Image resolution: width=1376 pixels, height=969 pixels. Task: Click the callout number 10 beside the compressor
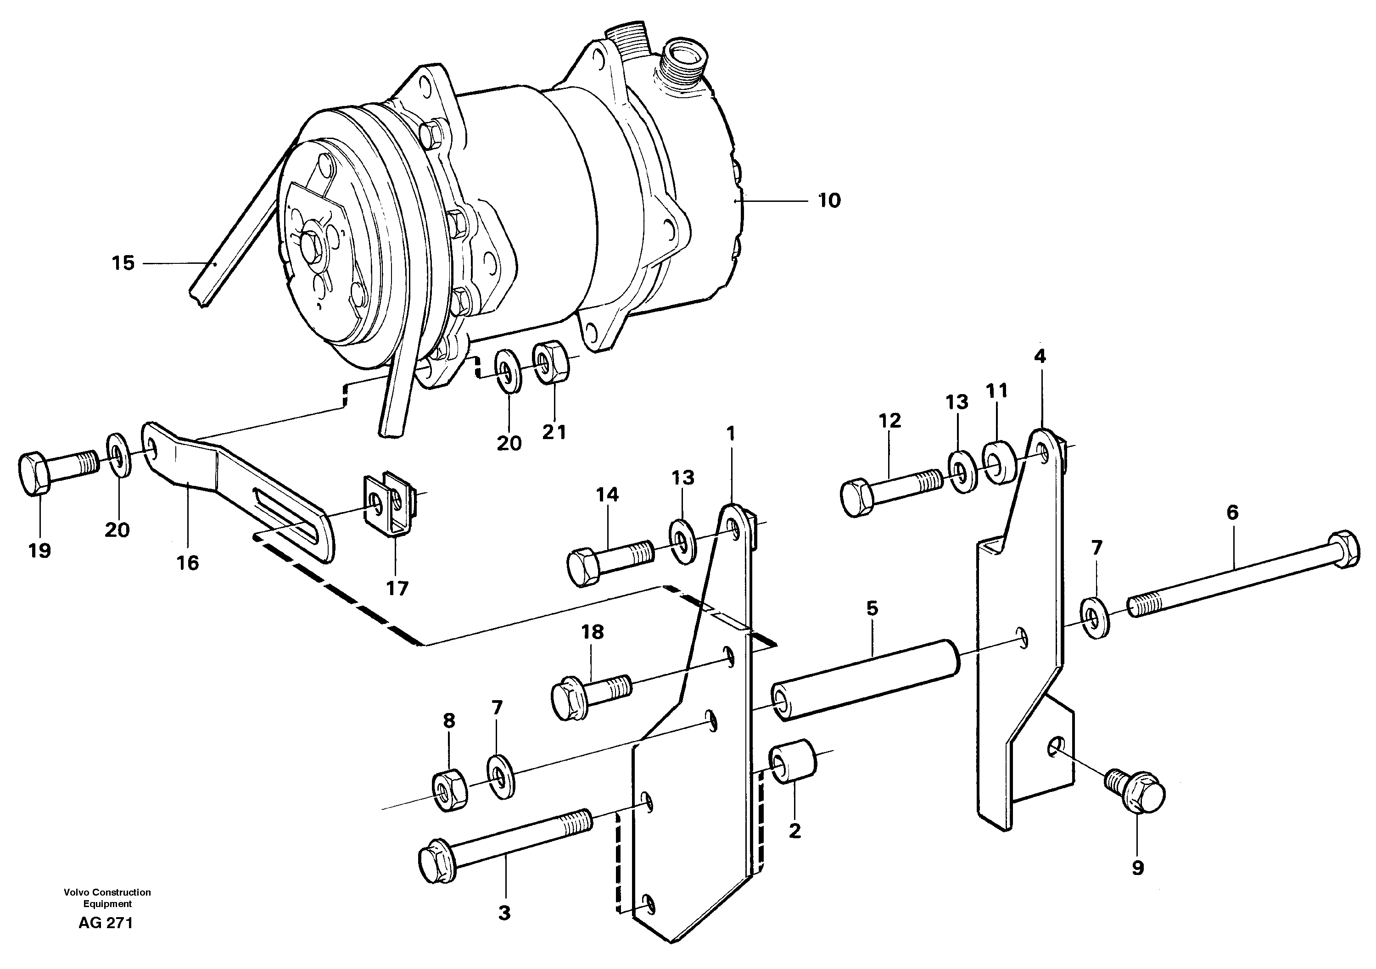829,201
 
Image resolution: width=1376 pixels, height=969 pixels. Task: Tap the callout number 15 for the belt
123,263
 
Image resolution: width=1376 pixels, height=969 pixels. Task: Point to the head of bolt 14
582,568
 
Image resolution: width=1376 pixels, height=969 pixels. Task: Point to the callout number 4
1040,356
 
